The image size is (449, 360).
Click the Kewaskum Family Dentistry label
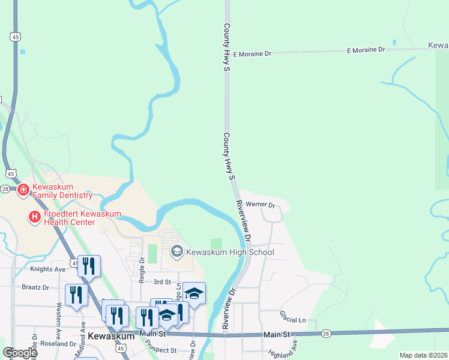click(x=62, y=191)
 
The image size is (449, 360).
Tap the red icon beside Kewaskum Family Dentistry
click(x=23, y=190)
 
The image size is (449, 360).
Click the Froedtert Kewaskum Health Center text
click(x=75, y=218)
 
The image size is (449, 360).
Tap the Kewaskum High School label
click(x=230, y=252)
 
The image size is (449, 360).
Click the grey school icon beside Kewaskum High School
click(x=176, y=251)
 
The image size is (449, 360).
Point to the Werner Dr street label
click(x=260, y=205)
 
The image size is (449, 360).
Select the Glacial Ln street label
click(x=292, y=313)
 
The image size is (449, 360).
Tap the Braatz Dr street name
click(x=35, y=287)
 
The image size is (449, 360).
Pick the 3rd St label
click(x=162, y=281)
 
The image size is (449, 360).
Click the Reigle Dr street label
click(x=142, y=270)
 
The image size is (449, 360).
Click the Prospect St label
click(x=161, y=350)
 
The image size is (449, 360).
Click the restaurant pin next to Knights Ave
click(x=89, y=266)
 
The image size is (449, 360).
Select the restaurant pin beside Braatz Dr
click(x=76, y=295)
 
